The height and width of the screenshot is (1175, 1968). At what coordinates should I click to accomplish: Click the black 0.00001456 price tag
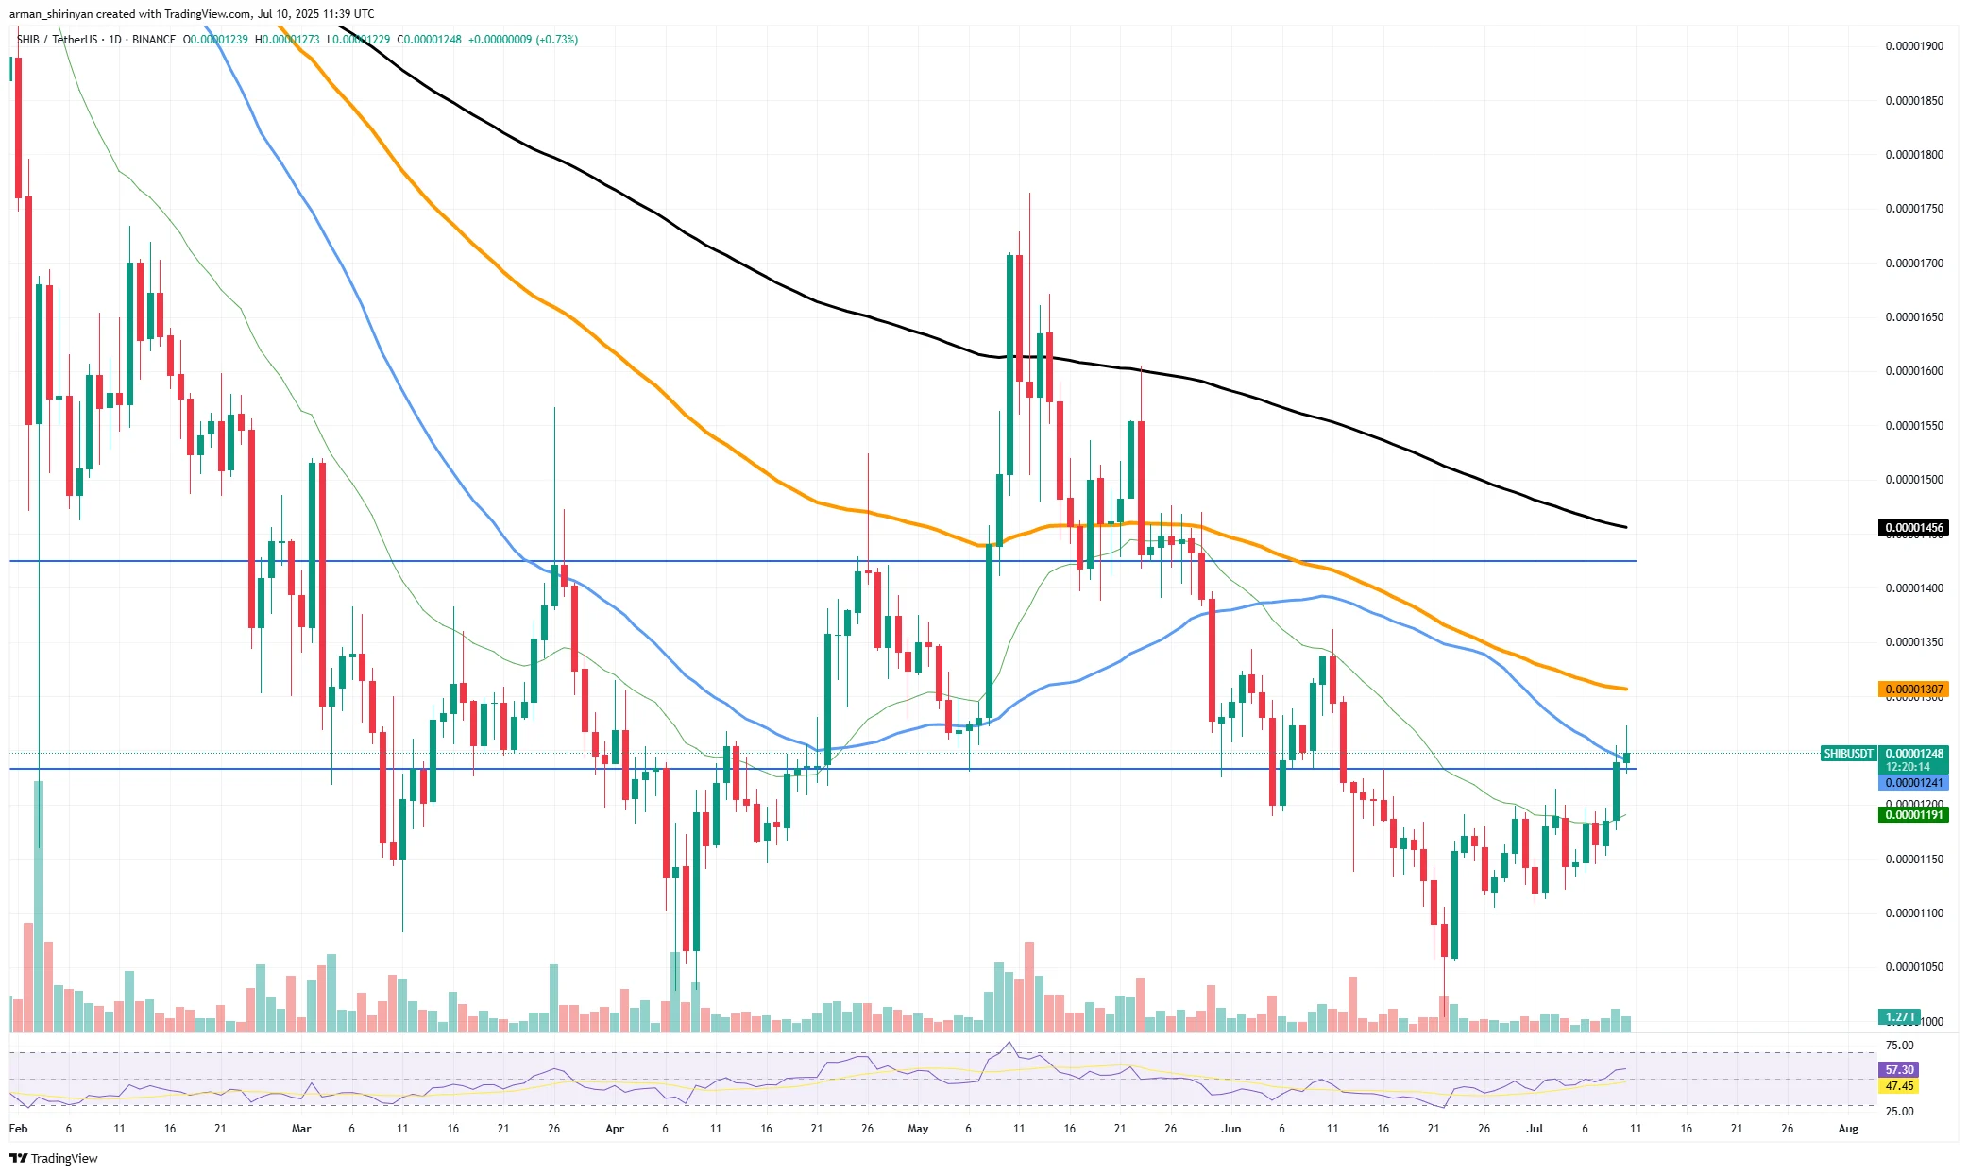pos(1913,528)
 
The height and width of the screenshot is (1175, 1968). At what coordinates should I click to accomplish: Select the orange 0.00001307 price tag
pos(1913,690)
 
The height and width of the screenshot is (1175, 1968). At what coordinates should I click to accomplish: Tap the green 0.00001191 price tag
pos(1913,815)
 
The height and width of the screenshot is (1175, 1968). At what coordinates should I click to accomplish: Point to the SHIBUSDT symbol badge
pos(1848,754)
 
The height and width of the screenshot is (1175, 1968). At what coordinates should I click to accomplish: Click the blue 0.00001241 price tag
pos(1913,783)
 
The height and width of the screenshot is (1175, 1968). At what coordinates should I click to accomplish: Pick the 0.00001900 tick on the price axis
pos(1913,46)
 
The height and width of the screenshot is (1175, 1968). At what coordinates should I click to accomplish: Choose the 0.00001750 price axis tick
pos(1913,209)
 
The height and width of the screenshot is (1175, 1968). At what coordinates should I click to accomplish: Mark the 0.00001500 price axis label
pos(1913,480)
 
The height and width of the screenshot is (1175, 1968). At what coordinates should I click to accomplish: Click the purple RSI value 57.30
pos(1899,1070)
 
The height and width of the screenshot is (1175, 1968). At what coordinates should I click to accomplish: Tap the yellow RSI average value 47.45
pos(1899,1086)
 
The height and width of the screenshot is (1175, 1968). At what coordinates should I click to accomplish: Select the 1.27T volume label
pos(1900,1017)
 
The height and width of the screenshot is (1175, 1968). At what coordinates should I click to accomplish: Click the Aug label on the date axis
pos(1848,1129)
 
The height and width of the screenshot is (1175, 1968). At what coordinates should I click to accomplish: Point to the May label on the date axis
pos(917,1129)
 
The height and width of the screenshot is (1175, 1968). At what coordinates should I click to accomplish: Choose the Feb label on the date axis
pos(18,1129)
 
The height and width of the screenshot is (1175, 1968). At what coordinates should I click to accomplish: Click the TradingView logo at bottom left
pos(54,1159)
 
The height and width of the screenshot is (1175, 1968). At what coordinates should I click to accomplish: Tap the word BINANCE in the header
pos(154,40)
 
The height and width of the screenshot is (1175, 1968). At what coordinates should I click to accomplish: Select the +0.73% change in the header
pos(557,40)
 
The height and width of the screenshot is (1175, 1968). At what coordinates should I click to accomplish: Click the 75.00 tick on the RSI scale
pos(1899,1046)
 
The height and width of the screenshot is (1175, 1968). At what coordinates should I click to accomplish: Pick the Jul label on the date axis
pos(1535,1129)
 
